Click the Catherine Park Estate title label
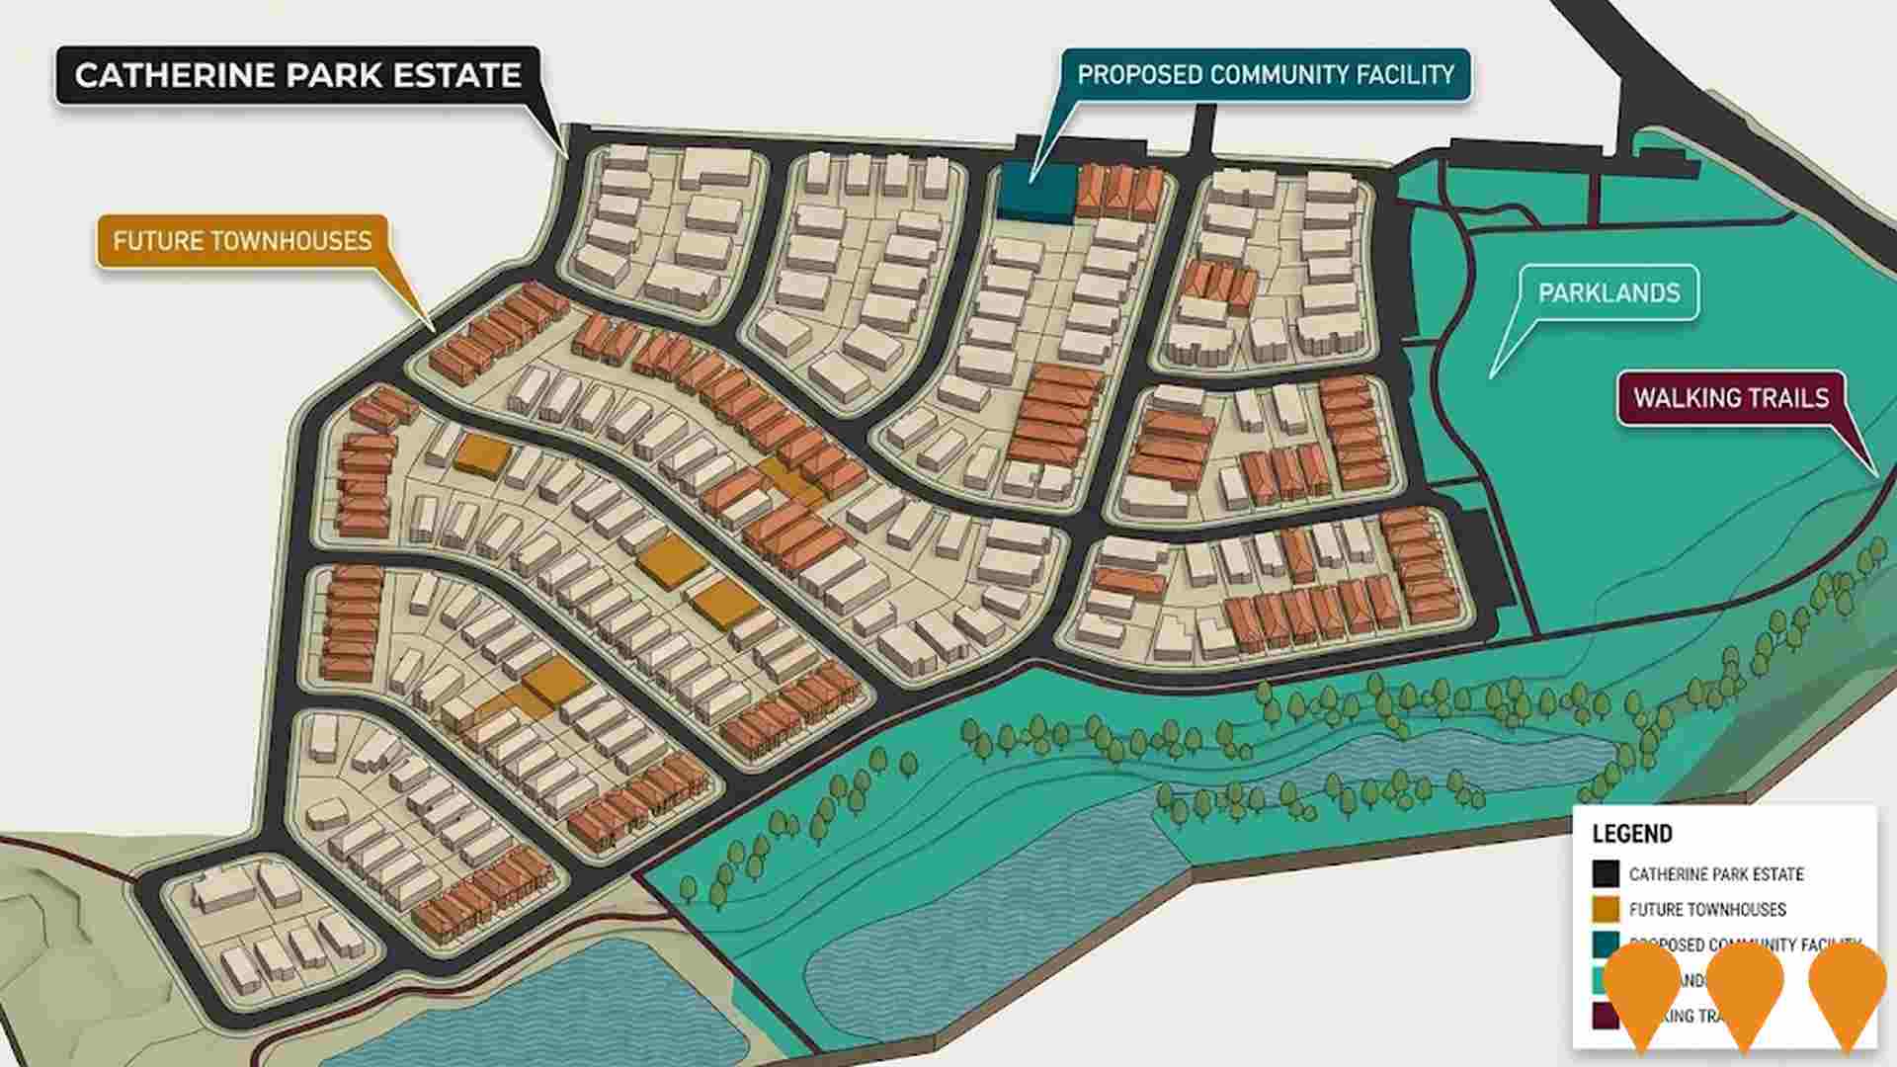pos(297,76)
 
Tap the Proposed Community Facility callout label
pos(1265,75)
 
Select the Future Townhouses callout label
pos(242,241)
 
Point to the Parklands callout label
pos(1608,293)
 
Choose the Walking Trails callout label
pos(1730,398)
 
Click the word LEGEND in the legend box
pos(1632,834)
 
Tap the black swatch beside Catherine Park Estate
pos(1606,873)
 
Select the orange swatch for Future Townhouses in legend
pos(1606,909)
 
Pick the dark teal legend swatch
pos(1605,944)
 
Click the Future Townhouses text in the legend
pos(1706,910)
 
